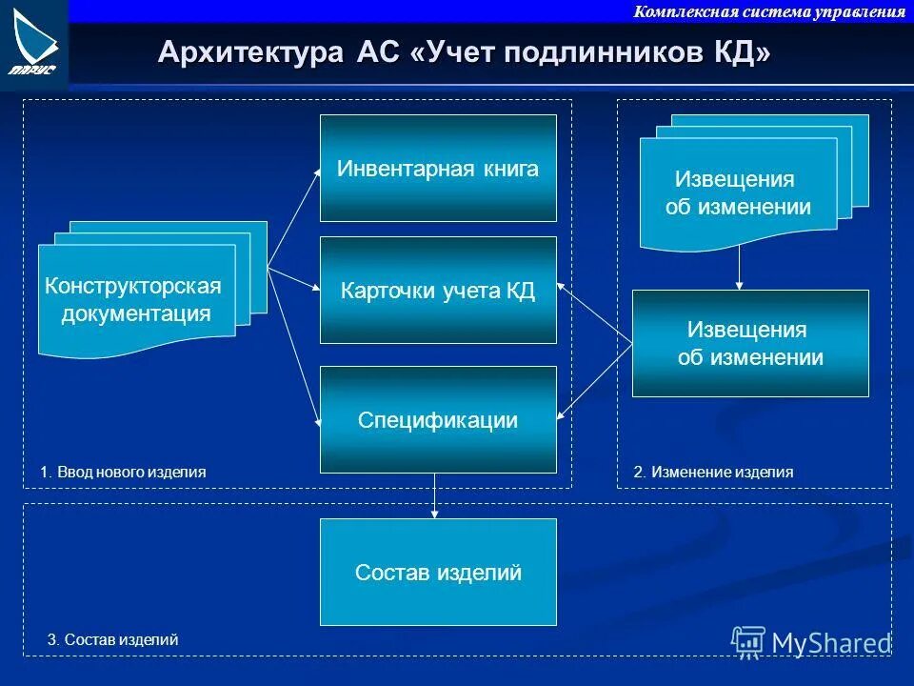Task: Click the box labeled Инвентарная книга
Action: [x=438, y=169]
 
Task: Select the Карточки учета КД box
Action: [x=438, y=291]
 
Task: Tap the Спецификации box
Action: [x=438, y=419]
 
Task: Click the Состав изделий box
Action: [x=438, y=573]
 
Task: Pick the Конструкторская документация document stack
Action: [x=136, y=299]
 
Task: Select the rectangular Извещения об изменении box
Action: [x=750, y=343]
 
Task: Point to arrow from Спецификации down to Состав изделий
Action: [x=435, y=495]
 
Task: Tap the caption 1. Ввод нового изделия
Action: [x=123, y=472]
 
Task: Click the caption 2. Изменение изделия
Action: [x=713, y=472]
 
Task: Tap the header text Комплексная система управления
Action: [x=769, y=11]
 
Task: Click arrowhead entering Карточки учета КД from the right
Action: [x=561, y=284]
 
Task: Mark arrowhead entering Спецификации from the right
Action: [x=561, y=413]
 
